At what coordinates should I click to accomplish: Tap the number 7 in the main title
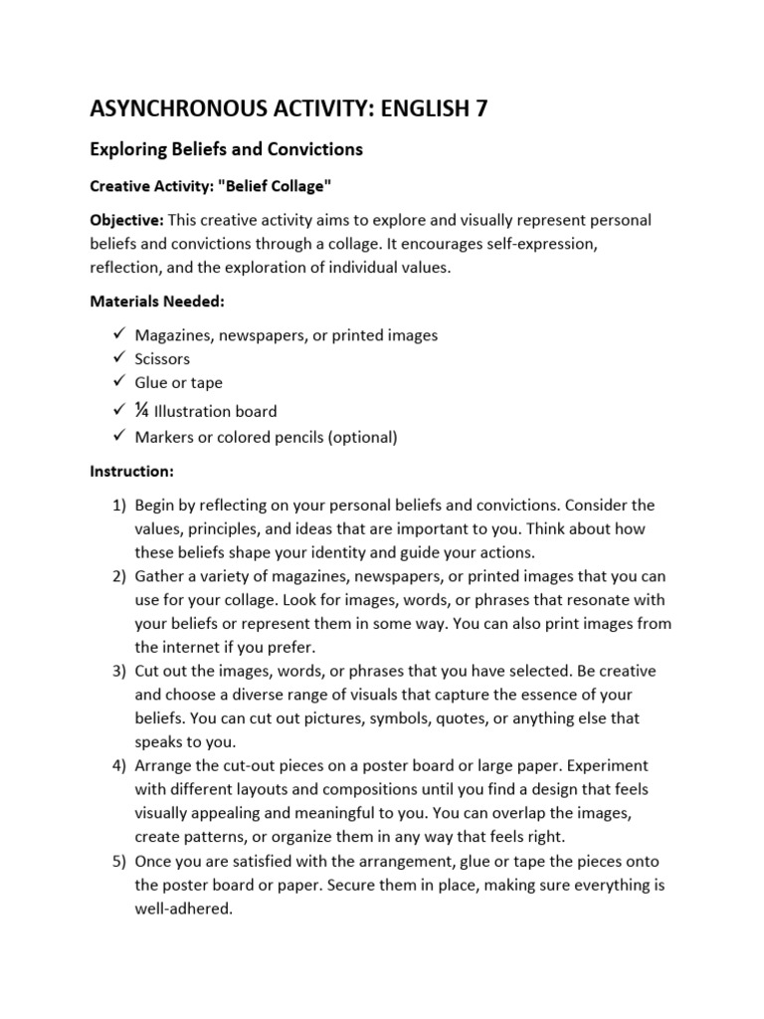point(479,108)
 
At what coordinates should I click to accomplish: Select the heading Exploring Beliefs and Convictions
point(227,150)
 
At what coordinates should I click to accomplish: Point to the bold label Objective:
point(127,220)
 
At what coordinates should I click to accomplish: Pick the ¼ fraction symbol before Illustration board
point(142,409)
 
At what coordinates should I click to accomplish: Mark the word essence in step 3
point(523,695)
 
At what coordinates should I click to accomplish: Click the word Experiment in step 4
point(580,765)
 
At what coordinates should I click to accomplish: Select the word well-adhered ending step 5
point(183,908)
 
